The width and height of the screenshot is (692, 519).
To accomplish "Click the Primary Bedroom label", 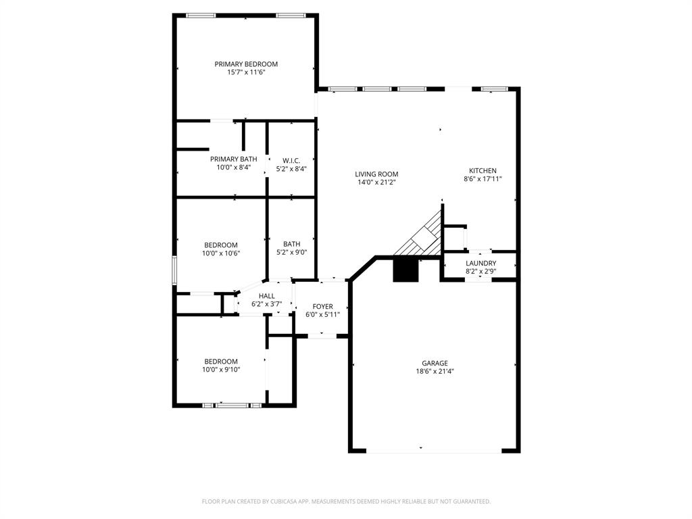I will point(246,64).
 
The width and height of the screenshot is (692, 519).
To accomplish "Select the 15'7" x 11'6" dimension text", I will point(246,72).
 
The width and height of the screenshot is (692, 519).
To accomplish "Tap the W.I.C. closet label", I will point(291,160).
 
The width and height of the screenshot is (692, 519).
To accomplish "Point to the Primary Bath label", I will point(233,159).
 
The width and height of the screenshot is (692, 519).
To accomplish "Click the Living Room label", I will point(377,174).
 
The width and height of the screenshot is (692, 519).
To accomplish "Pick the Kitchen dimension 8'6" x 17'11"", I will point(483,179).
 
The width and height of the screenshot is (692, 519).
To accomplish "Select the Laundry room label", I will point(480,263).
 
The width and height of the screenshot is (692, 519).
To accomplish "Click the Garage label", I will point(435,363).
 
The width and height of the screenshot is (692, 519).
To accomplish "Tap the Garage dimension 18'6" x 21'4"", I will point(435,371).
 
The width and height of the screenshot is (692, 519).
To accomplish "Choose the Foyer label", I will point(322,307).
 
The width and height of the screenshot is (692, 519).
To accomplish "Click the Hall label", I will point(266,296).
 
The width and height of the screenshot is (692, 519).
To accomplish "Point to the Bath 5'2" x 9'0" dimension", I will point(292,253).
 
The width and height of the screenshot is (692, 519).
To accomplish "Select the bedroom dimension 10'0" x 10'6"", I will point(221,253).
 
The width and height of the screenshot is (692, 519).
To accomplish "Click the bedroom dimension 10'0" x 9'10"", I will point(221,370).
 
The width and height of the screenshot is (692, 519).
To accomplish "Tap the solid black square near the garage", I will point(405,270).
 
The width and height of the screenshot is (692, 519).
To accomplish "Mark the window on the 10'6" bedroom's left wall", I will point(174,270).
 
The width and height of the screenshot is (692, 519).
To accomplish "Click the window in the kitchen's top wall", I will point(495,89).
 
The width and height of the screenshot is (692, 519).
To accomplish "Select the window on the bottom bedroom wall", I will point(232,405).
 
